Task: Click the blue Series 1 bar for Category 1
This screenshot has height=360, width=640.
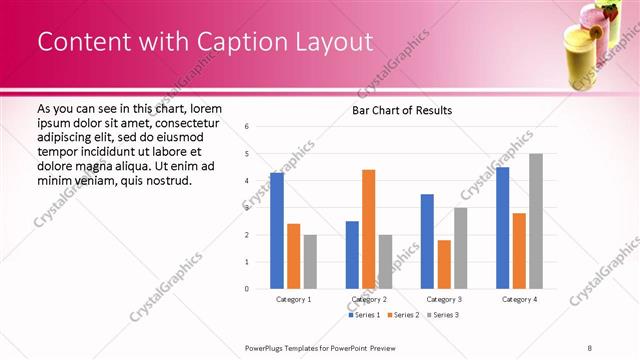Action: (x=277, y=231)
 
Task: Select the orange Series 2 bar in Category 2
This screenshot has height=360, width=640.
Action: (x=368, y=229)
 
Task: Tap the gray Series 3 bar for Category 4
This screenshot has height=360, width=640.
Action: (x=536, y=221)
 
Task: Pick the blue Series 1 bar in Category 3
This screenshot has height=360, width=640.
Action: (x=427, y=241)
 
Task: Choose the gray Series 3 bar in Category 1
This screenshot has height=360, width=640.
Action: (x=310, y=262)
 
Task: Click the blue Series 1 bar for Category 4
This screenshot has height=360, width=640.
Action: (x=502, y=228)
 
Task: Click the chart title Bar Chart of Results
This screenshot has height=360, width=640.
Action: (x=401, y=110)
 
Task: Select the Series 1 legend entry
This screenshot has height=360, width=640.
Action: (x=365, y=315)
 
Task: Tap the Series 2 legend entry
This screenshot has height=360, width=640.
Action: (x=403, y=315)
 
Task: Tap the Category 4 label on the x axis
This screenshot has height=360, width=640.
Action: (x=519, y=299)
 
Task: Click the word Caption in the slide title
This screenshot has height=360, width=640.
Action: (x=240, y=41)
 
